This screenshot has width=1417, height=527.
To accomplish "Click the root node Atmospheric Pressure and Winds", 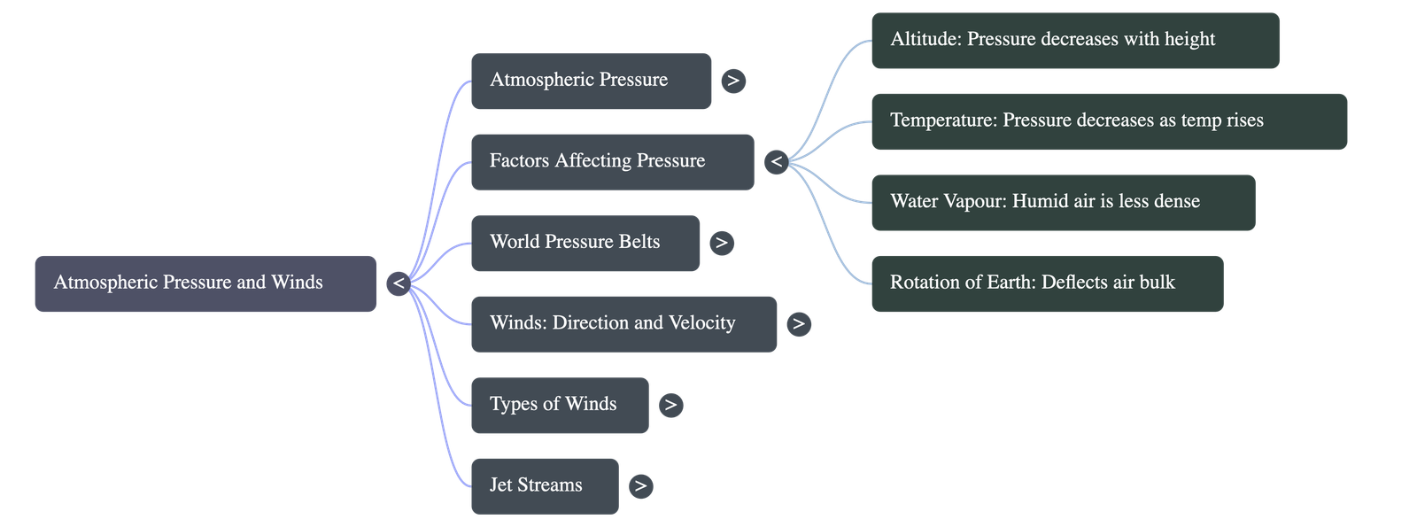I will (205, 283).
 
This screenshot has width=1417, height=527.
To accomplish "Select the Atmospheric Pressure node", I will (591, 81).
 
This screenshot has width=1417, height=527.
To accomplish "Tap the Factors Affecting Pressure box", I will (612, 161).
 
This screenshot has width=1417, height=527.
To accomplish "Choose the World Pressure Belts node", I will (585, 243).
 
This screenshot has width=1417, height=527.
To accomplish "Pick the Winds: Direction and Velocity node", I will (623, 323).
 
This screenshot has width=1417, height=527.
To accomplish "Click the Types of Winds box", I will (559, 405).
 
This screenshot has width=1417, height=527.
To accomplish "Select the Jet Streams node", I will (544, 485).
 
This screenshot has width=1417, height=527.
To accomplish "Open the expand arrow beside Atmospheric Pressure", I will (733, 81).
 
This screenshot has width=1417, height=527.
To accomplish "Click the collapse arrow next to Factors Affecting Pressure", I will (776, 162).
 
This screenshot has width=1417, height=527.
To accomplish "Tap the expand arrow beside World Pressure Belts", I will (722, 243).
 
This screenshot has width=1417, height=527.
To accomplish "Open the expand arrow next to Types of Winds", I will (670, 405).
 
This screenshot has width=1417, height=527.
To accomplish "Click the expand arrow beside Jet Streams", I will (640, 485).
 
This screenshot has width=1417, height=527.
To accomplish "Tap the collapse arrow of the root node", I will (399, 283).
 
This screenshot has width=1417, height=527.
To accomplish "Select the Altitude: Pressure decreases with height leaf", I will (1074, 40).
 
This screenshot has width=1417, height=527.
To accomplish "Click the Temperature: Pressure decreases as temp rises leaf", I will (1109, 120).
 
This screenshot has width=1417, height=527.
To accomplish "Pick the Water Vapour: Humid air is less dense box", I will (1063, 202).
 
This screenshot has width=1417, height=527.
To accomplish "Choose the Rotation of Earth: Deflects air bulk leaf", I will (1047, 283).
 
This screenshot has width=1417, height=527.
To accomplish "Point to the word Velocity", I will (701, 323).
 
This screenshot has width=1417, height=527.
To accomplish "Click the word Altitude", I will (925, 40).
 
